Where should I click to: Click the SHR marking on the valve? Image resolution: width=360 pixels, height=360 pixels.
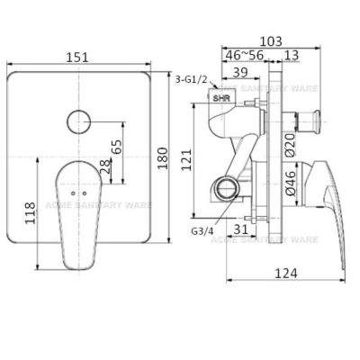tap(220, 94)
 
